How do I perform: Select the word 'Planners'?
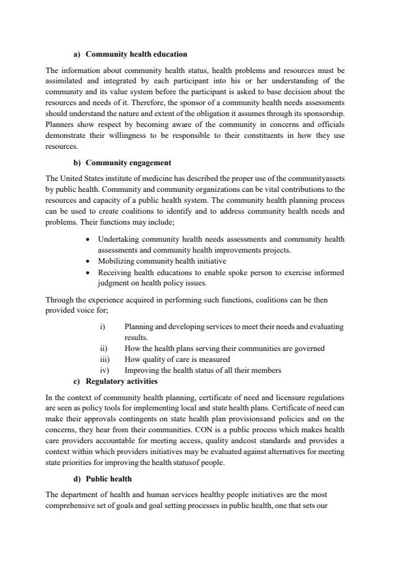(59, 124)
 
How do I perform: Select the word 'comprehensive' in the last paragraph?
(68, 504)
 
